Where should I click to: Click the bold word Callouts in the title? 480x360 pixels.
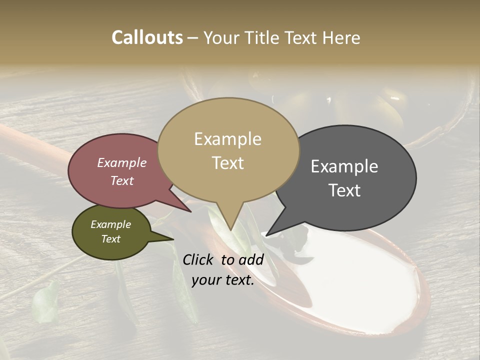click(x=147, y=38)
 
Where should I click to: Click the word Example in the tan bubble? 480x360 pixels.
click(x=227, y=139)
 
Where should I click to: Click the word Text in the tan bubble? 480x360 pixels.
click(x=227, y=163)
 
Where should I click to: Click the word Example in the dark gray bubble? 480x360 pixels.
click(x=344, y=166)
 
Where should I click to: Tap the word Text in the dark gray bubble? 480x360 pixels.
click(x=344, y=190)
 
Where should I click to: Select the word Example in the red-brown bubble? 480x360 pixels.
click(x=121, y=163)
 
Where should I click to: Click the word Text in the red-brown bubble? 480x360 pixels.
click(x=121, y=181)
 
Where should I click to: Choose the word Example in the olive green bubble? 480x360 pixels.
click(x=110, y=224)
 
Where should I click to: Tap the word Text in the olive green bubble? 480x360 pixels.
click(x=110, y=239)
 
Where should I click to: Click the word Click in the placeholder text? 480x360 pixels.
click(x=198, y=259)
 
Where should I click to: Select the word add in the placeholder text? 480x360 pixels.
click(x=250, y=259)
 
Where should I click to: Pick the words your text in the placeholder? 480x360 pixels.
click(x=223, y=280)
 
